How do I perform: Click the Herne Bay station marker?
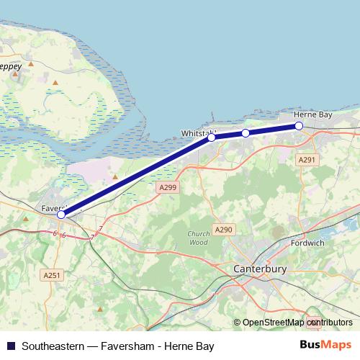point(299,127)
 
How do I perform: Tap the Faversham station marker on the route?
point(61,215)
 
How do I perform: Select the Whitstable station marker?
point(212,137)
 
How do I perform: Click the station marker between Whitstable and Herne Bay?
point(246,133)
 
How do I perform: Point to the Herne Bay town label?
point(313,114)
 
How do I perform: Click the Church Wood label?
point(198,238)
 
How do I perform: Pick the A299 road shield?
point(166,186)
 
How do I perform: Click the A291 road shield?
point(307,160)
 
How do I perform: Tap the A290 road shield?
point(222,230)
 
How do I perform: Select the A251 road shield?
point(51,275)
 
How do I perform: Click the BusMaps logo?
point(325,346)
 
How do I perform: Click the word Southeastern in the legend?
point(51,346)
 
